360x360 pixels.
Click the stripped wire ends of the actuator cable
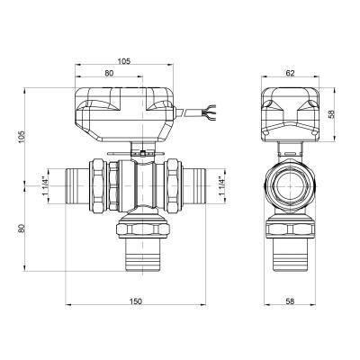(212, 113)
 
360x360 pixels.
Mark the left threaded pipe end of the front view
(77, 187)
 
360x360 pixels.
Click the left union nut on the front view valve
(97, 187)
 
